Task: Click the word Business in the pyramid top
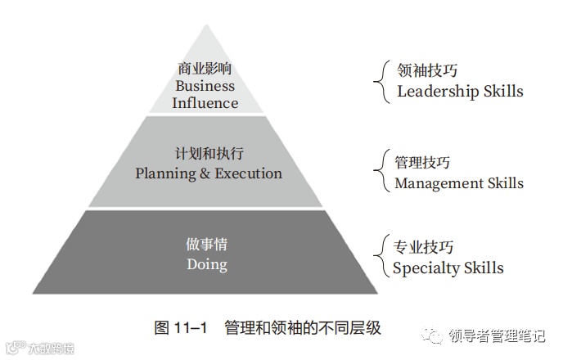205,86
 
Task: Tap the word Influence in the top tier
205,103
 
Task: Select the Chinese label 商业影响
205,70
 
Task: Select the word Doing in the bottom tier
207,264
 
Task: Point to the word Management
436,183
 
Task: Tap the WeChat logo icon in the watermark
433,334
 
